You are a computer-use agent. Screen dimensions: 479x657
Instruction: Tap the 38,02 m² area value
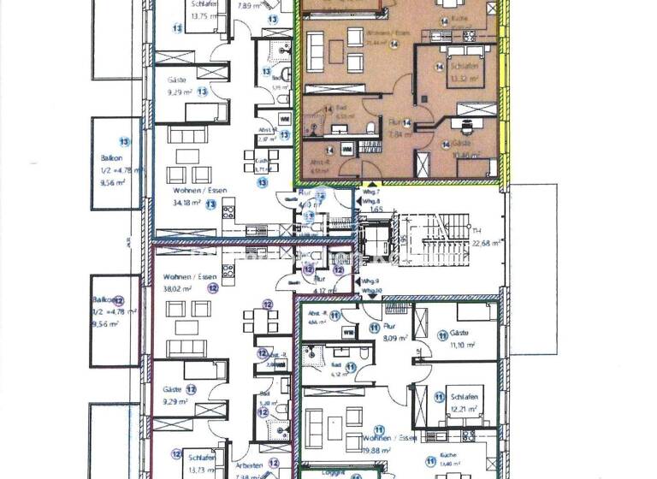click(176, 289)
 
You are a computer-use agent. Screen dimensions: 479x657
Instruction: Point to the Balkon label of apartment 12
click(104, 301)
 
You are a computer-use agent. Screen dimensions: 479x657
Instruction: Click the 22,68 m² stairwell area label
click(486, 242)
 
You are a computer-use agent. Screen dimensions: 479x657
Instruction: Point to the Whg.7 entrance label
click(370, 194)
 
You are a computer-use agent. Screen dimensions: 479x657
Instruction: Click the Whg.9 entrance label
click(370, 281)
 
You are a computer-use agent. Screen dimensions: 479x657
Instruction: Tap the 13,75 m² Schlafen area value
click(204, 15)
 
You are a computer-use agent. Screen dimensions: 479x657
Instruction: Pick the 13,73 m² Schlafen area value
click(203, 470)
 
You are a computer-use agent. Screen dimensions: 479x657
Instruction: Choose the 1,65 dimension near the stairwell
click(375, 209)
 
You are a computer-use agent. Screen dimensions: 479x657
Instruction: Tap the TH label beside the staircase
click(476, 231)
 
